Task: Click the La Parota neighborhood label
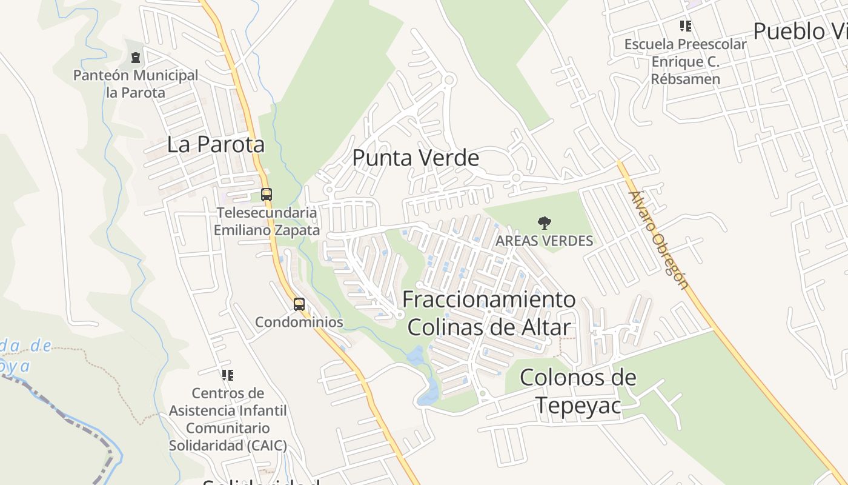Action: click(216, 145)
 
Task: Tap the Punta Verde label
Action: click(416, 158)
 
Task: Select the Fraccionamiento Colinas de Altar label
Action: click(489, 313)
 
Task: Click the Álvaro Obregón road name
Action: click(658, 241)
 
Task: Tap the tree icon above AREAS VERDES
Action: click(545, 223)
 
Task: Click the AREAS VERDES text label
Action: click(545, 241)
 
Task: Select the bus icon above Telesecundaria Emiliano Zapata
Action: click(267, 195)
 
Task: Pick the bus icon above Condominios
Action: click(299, 304)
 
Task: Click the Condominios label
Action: click(299, 322)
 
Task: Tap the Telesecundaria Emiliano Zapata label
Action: click(267, 221)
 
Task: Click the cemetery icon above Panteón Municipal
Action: click(136, 58)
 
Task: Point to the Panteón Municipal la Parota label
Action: click(136, 84)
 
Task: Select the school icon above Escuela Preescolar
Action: click(686, 26)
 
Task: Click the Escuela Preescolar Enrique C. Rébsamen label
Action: click(686, 61)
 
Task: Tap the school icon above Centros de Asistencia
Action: click(228, 375)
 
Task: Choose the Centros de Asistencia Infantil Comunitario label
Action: click(228, 419)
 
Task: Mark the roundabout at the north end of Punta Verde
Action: click(449, 79)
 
